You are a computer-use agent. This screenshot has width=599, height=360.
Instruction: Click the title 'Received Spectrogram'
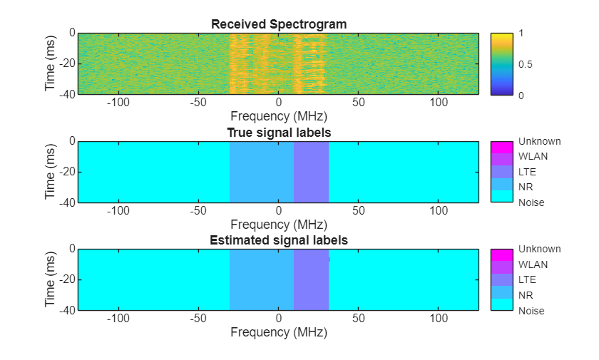click(279, 24)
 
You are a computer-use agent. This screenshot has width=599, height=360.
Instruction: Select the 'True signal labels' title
click(279, 133)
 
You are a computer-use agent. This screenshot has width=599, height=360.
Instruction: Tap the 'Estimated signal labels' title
click(279, 240)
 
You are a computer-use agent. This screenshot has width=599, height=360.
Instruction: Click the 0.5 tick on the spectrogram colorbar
click(526, 64)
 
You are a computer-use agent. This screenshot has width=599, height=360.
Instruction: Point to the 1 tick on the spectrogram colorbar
click(522, 33)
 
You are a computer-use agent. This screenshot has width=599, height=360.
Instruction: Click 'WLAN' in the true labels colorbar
click(532, 156)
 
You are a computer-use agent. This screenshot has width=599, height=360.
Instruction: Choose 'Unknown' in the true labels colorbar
click(539, 141)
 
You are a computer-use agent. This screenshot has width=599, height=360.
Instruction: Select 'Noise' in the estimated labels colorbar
click(531, 311)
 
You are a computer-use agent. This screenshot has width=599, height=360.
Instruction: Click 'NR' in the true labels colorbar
click(526, 187)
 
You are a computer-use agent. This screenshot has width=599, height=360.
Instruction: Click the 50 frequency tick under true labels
click(359, 211)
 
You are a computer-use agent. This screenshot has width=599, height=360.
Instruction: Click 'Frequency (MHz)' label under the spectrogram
click(279, 115)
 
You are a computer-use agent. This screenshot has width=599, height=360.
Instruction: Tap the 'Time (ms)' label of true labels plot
click(50, 172)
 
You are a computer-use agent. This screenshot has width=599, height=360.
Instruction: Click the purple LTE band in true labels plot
click(311, 172)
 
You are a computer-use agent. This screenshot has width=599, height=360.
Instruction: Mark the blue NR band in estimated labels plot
click(262, 279)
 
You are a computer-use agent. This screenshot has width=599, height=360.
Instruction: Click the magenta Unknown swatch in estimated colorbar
click(502, 255)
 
